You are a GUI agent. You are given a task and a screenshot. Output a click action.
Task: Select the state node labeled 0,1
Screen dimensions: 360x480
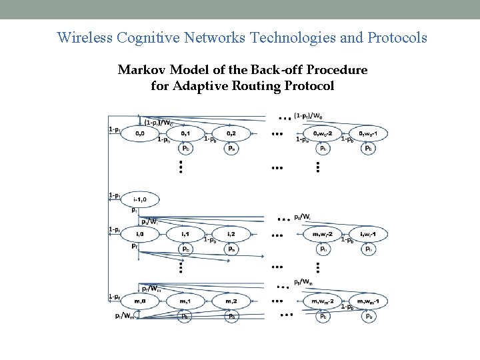pyautogui.click(x=185, y=133)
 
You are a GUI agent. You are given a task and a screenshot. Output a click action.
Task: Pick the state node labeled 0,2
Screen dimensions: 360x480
pyautogui.click(x=231, y=133)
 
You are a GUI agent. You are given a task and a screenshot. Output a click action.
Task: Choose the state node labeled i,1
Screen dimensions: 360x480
pyautogui.click(x=185, y=235)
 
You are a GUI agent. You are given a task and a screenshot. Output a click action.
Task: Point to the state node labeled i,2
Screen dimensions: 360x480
pyautogui.click(x=231, y=235)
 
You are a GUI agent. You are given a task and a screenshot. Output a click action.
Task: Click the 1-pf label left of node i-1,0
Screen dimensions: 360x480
pyautogui.click(x=114, y=195)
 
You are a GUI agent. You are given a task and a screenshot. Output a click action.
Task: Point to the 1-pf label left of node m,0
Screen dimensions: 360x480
pyautogui.click(x=114, y=296)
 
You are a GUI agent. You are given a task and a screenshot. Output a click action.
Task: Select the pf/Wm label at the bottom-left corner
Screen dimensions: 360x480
pyautogui.click(x=124, y=315)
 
